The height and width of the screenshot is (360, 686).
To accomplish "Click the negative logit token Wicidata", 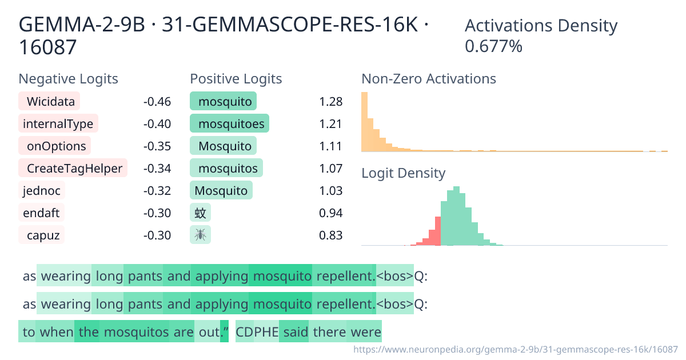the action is [x=49, y=101].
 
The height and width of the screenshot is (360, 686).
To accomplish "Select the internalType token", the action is [x=58, y=123].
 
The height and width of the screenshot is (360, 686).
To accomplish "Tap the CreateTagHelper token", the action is [x=73, y=168].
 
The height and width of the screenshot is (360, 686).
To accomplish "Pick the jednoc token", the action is [x=42, y=190].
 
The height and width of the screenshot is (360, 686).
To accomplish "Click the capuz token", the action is [x=42, y=235].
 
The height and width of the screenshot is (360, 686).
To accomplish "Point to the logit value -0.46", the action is [x=157, y=102].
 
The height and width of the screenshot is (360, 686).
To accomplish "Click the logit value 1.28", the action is [x=331, y=102].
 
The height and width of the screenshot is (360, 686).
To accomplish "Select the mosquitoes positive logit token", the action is [x=229, y=123].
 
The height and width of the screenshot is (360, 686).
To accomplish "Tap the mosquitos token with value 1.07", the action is [x=226, y=168].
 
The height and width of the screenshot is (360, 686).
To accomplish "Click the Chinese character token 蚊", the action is [x=200, y=213].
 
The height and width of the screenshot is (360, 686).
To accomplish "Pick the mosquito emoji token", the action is [x=200, y=235].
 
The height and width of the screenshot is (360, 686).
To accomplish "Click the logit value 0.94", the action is [x=331, y=213].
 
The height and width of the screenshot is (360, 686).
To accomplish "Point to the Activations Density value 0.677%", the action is [x=493, y=46].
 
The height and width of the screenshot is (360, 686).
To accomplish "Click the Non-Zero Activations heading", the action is [x=428, y=79].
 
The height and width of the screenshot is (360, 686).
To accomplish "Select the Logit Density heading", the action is [x=404, y=173].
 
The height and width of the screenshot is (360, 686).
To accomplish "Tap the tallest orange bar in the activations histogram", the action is [x=365, y=122].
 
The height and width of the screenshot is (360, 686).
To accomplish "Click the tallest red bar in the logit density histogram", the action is [x=438, y=231].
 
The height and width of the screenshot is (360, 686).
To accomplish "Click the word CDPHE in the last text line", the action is [x=257, y=332].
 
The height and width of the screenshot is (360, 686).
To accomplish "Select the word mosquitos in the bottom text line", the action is [x=136, y=332].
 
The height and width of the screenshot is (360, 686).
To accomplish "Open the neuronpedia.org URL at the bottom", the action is [x=516, y=349].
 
